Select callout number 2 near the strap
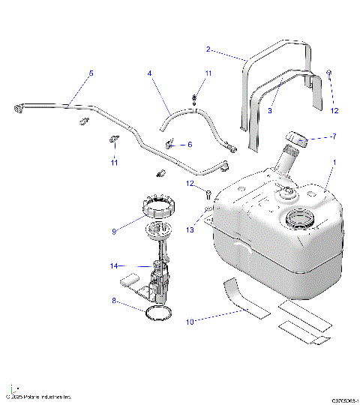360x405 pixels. pyautogui.click(x=208, y=50)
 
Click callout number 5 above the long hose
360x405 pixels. pyautogui.click(x=91, y=73)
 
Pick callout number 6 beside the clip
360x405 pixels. pyautogui.click(x=189, y=144)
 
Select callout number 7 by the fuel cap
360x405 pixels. pyautogui.click(x=334, y=136)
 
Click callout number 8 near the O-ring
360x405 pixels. pyautogui.click(x=115, y=301)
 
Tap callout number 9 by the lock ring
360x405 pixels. pyautogui.click(x=115, y=232)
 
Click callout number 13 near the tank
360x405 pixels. pyautogui.click(x=190, y=231)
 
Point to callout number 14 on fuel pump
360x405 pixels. pyautogui.click(x=115, y=265)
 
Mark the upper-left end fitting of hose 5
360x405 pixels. pyautogui.click(x=18, y=110)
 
